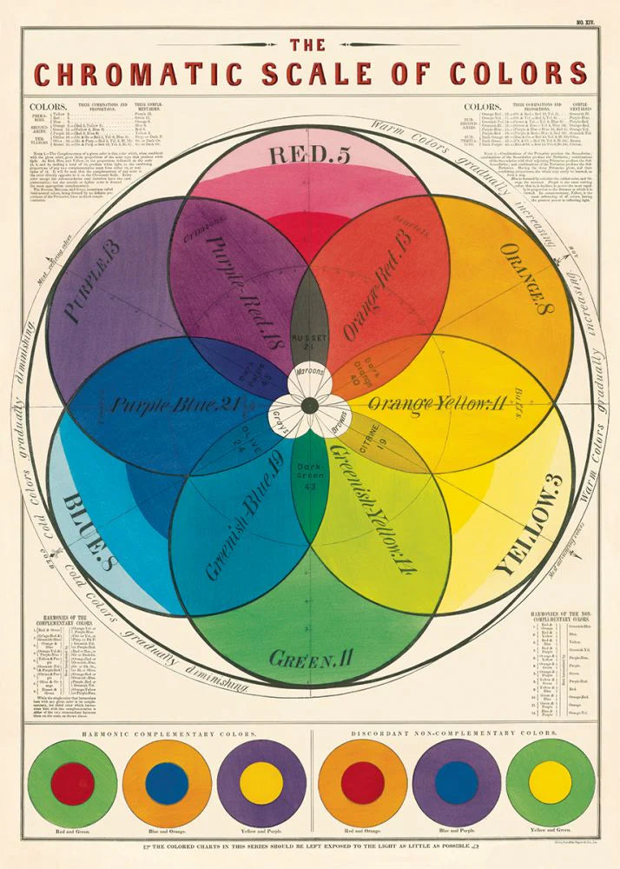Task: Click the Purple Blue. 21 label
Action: pos(170,404)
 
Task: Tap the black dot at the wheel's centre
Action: pos(309,404)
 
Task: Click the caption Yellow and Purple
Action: pos(261,833)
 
